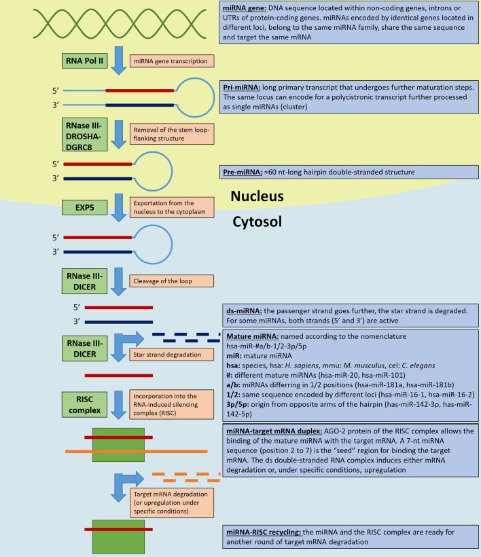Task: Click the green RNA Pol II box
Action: [x=84, y=60]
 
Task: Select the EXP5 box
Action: [x=84, y=207]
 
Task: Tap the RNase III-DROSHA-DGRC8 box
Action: [x=84, y=135]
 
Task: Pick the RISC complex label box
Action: [x=84, y=405]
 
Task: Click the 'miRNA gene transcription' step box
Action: [x=172, y=61]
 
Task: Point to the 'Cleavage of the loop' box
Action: [x=172, y=281]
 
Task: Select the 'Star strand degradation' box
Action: [x=172, y=355]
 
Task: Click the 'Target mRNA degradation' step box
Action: [x=172, y=503]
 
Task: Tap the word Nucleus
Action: [x=257, y=196]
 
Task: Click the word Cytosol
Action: [x=257, y=221]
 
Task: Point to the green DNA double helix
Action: [x=120, y=24]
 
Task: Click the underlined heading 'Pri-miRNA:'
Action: [x=242, y=88]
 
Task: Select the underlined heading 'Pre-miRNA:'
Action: [x=243, y=172]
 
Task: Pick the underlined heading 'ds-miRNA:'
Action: [x=244, y=311]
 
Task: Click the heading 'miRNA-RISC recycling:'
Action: [x=264, y=532]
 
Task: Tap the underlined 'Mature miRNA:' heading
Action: [x=253, y=336]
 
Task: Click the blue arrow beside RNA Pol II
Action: [x=119, y=60]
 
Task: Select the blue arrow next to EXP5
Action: [x=119, y=207]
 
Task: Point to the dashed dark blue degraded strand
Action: [x=186, y=338]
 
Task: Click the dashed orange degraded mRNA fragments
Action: [x=186, y=477]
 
